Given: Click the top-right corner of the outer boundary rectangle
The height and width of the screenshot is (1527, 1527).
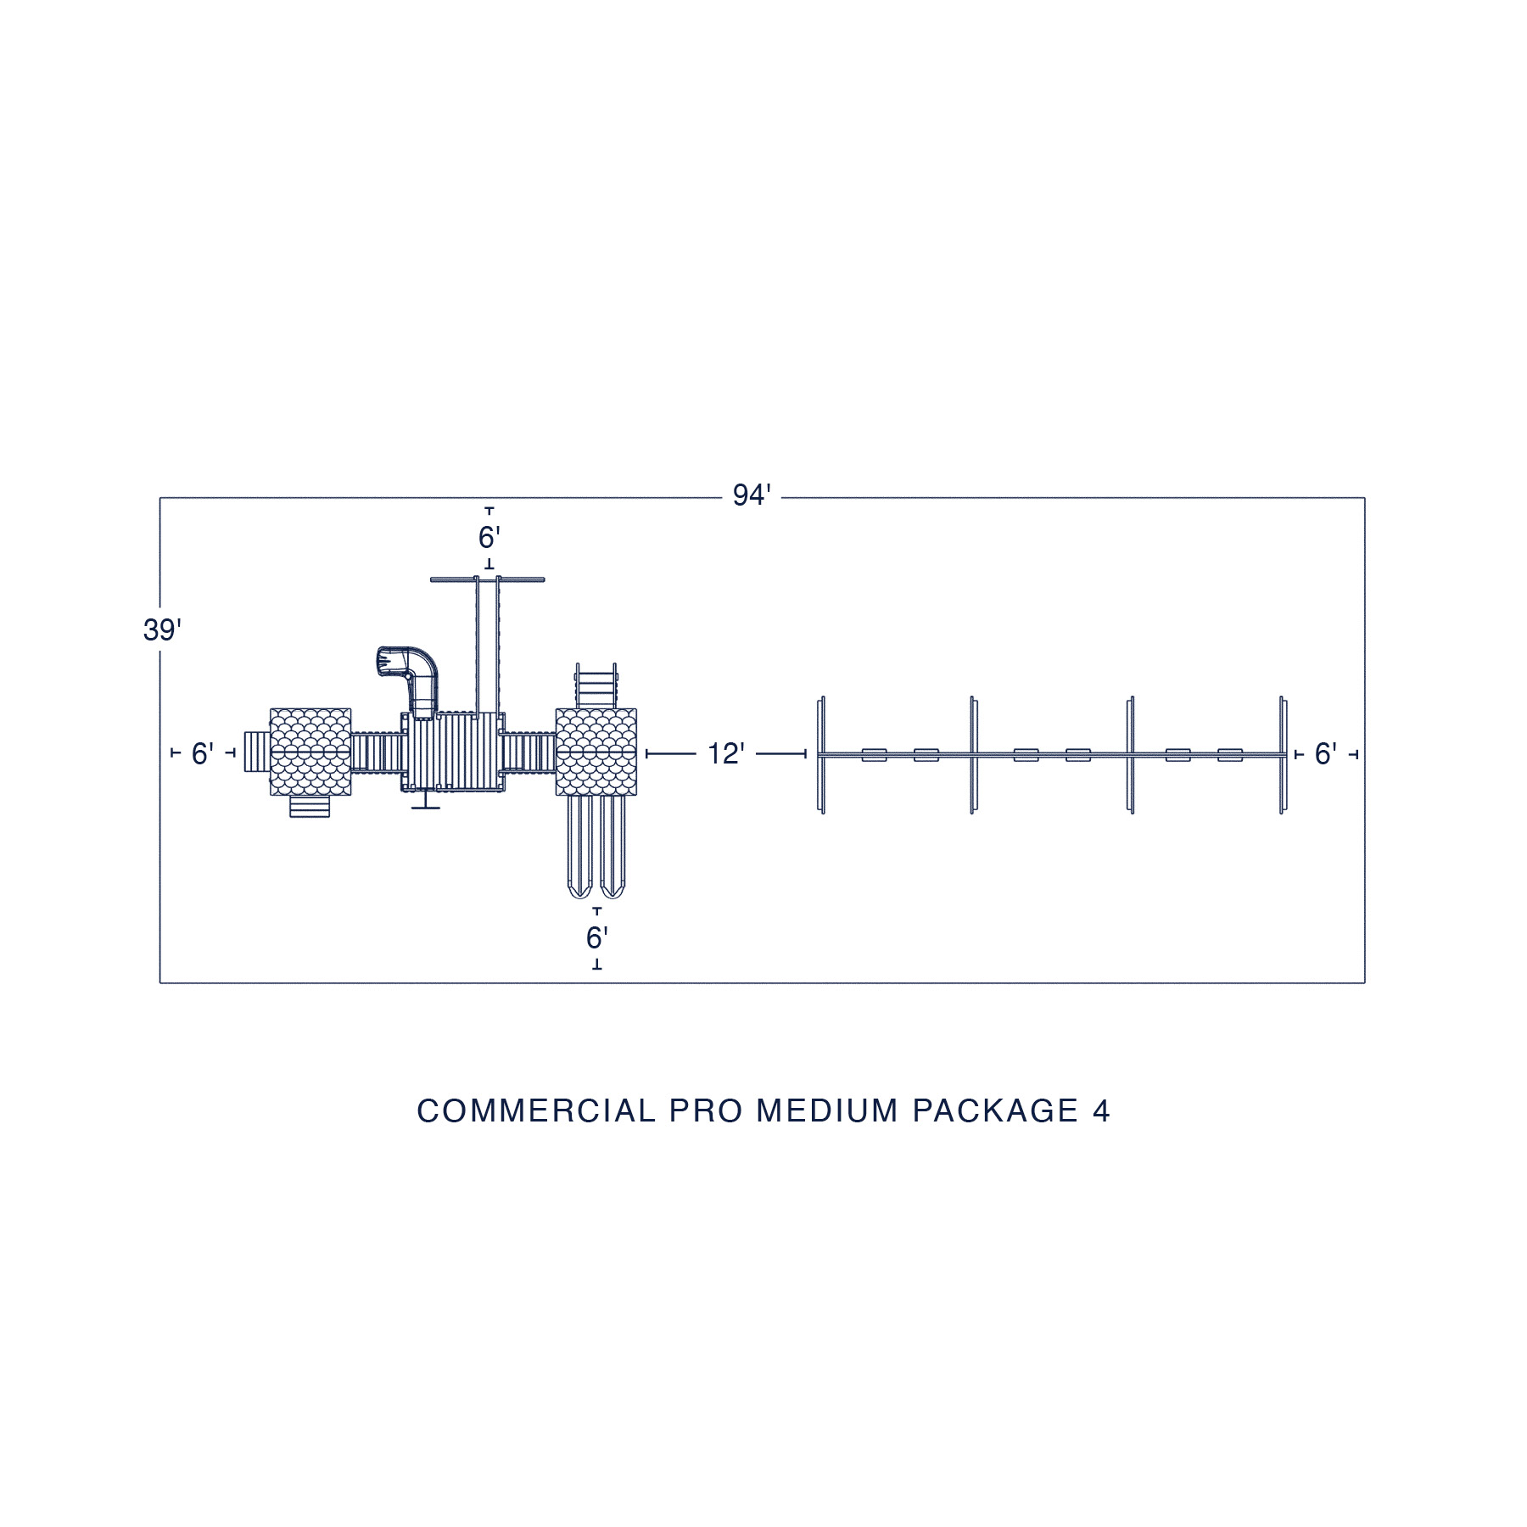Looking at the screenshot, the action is [1365, 498].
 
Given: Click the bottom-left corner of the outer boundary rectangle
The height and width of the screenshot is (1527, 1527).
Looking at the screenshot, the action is [160, 983].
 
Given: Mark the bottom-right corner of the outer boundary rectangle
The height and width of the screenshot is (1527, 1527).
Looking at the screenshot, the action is [1365, 983].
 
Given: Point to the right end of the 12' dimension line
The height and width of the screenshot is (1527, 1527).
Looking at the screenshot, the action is [806, 753].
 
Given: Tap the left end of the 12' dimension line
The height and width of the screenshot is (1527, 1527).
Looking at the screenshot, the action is [646, 753].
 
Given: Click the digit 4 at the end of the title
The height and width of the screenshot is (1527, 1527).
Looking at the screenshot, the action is [1101, 1111].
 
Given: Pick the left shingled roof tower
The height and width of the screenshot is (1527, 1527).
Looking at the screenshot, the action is [310, 752].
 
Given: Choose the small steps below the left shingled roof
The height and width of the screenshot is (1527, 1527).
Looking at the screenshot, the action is [310, 807].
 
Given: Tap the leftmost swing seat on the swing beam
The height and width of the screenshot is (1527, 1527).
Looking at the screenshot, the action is [875, 754].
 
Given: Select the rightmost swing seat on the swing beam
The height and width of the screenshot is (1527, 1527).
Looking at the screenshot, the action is [1230, 754].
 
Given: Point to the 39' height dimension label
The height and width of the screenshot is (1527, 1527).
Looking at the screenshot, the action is [162, 631].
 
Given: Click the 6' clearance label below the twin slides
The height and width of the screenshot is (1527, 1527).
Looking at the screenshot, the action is [597, 938].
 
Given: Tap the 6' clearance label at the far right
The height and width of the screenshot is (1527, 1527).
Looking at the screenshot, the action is [1326, 753].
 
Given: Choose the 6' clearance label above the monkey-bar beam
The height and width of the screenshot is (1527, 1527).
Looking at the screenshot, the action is [489, 538].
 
